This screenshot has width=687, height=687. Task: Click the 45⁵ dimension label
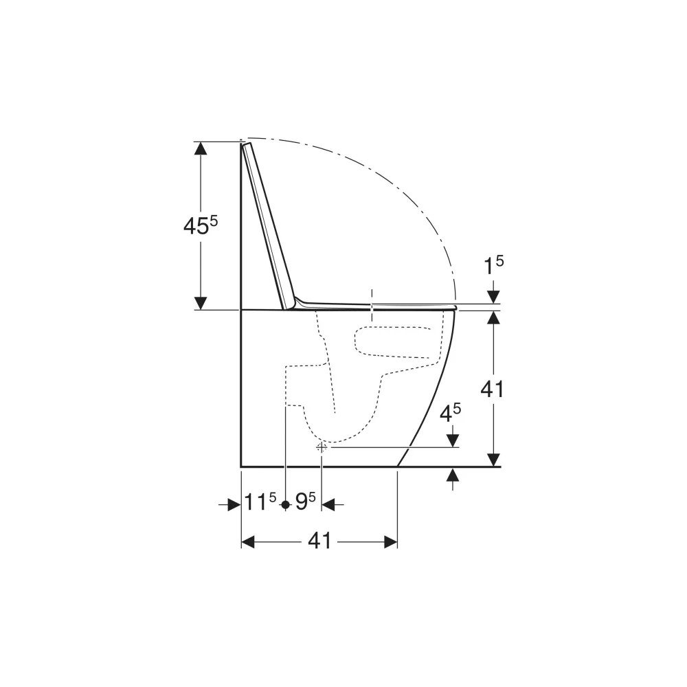200,225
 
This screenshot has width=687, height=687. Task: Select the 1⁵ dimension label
493,265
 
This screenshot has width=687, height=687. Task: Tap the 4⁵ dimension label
450,413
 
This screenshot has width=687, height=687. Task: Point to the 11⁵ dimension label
260,502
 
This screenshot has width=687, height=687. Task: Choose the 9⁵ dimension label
306,502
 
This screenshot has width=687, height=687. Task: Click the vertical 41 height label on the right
493,389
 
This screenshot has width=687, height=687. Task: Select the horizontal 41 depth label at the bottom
320,541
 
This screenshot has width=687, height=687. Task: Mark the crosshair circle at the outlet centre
322,447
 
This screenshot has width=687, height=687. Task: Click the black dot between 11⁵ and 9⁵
286,505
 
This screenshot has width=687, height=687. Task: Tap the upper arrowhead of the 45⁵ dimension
201,148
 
